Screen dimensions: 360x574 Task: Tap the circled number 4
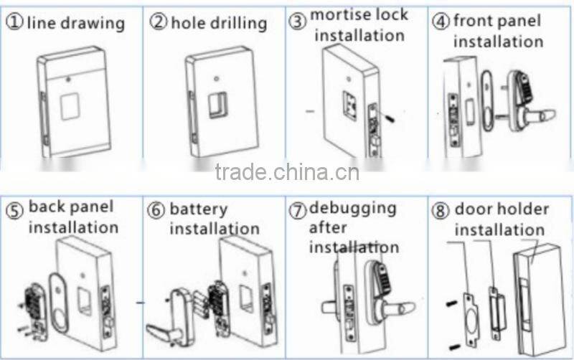(441, 22)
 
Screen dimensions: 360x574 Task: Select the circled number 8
(441, 211)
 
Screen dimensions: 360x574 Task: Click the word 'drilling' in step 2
(239, 23)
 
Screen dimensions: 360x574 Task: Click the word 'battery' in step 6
(198, 210)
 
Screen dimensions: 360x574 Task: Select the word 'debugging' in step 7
(352, 209)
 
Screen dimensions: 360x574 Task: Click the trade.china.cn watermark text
(287, 171)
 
